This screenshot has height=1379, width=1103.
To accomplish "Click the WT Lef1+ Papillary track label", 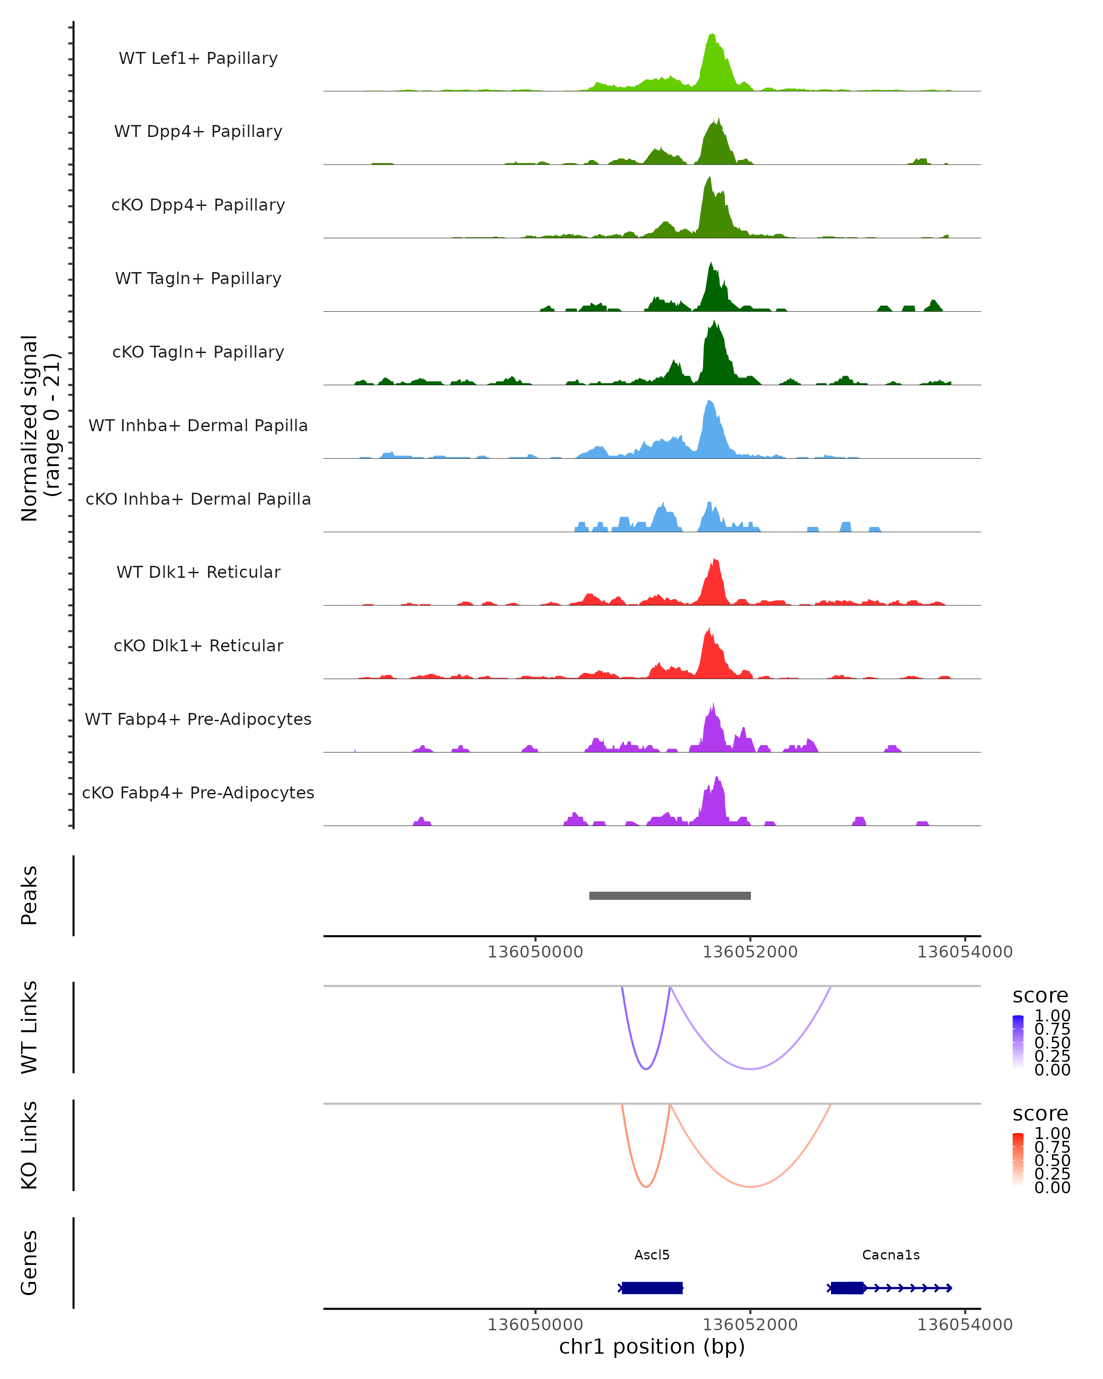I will coord(198,58).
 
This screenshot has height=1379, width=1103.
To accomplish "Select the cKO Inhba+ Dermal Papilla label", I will coord(198,499).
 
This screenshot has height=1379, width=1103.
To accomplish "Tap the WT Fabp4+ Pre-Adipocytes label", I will coord(198,719).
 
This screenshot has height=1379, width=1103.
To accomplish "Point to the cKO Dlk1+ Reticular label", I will coord(198,645).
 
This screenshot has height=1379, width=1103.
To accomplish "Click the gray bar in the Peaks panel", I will coord(670,895).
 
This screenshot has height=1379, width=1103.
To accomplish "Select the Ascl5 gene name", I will coord(652,1255).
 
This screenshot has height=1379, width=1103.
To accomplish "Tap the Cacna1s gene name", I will coord(891,1255).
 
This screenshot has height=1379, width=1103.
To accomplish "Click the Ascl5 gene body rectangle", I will coord(652,1288).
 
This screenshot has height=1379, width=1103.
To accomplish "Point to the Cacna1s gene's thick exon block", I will coord(847,1288).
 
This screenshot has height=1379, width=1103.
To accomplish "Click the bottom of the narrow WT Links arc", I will coord(646,1069).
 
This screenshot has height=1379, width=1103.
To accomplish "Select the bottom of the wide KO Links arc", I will coord(750,1186).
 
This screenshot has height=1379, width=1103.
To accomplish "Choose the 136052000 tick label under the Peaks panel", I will coord(750,952).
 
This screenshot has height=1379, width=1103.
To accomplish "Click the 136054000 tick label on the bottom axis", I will coord(965,1325).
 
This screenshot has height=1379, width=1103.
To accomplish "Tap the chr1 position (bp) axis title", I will coord(652,1347).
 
